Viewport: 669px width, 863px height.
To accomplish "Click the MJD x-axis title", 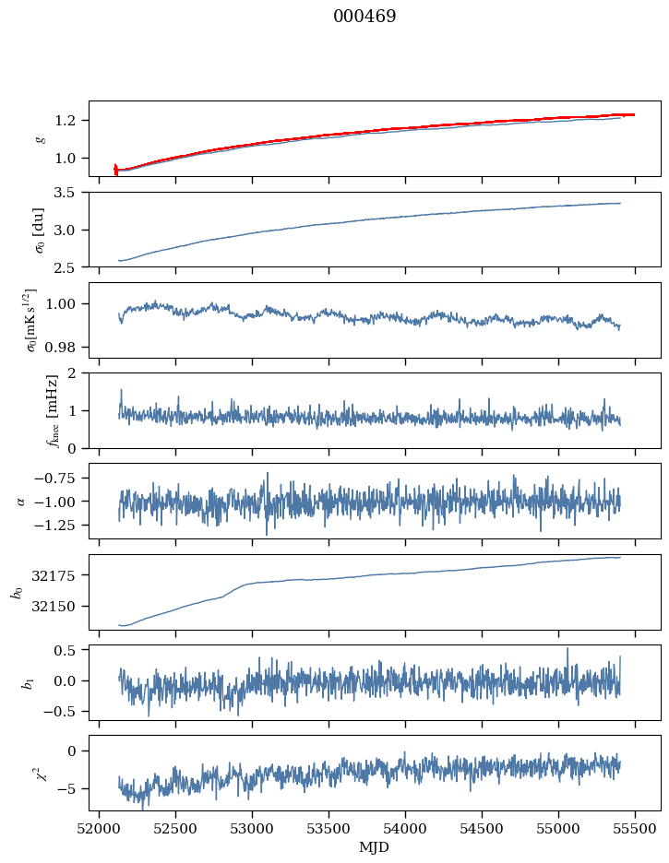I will click(375, 847).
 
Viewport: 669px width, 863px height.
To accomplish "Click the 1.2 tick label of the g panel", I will click(70, 121).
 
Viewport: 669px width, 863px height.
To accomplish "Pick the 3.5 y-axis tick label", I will click(70, 193).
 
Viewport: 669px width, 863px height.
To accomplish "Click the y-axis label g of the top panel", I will click(39, 138).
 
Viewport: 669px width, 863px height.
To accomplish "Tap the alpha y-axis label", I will click(20, 501).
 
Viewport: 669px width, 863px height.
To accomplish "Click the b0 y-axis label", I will click(16, 592).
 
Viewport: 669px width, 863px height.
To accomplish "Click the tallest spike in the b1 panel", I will click(567, 648).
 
